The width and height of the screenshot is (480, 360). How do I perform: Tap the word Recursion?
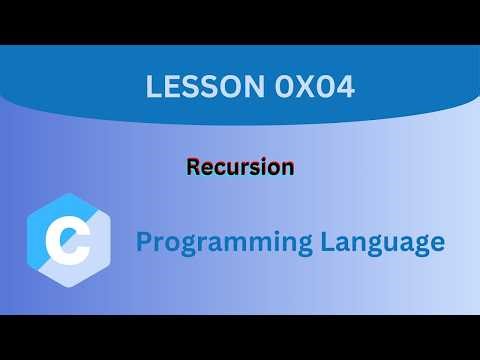(x=240, y=167)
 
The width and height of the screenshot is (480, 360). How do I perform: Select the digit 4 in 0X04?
(x=322, y=88)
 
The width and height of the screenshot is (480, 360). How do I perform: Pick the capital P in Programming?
(x=143, y=241)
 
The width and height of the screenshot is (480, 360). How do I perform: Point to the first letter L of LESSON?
(x=153, y=88)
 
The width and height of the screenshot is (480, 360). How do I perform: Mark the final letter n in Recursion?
(x=287, y=168)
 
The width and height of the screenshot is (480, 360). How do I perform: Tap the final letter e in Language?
(x=437, y=243)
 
